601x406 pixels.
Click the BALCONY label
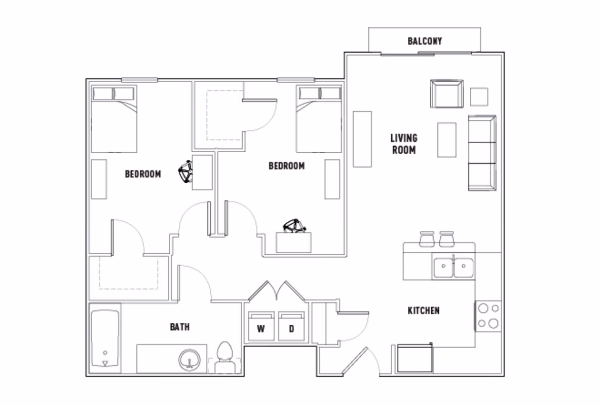(424, 41)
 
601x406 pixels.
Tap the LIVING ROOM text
(403, 144)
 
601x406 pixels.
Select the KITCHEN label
(423, 311)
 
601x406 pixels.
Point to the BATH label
(179, 327)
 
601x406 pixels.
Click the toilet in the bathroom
(223, 357)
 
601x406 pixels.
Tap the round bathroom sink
(190, 360)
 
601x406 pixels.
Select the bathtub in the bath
(105, 339)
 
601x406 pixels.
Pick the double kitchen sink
(453, 267)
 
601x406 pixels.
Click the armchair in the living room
(446, 94)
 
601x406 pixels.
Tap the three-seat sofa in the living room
(481, 153)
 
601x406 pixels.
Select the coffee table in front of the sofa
(446, 140)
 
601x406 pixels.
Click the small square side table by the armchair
(479, 96)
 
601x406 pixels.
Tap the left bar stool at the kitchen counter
(427, 238)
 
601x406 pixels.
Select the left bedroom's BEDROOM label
(143, 174)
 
